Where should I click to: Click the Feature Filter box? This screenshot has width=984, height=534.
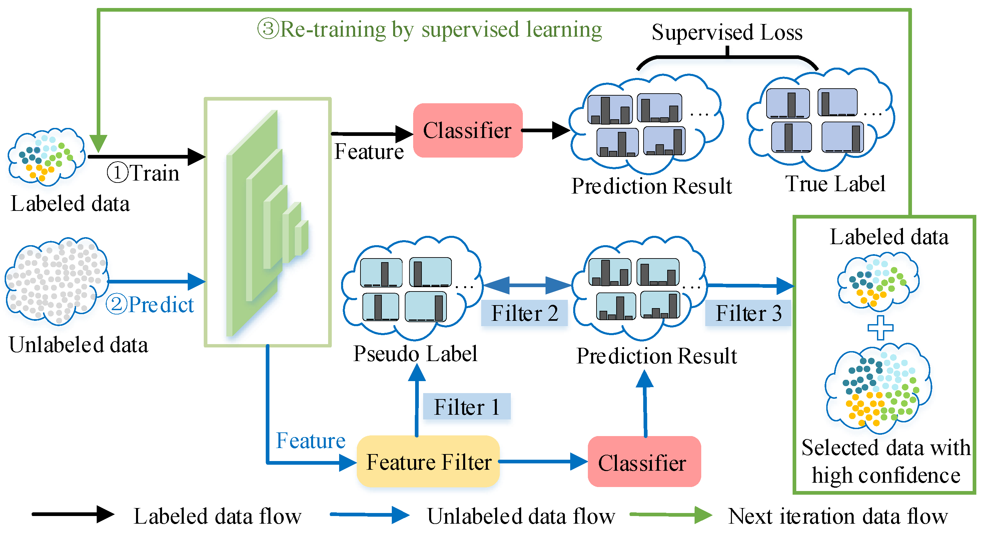coord(428,461)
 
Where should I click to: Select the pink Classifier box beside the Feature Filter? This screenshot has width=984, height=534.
coord(645,461)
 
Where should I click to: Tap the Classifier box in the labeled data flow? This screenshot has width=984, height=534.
coord(468,130)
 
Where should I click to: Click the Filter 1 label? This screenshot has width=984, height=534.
coord(467,406)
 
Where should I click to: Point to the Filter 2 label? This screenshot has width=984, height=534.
coord(525,313)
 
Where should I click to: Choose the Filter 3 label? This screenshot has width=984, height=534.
coord(748,313)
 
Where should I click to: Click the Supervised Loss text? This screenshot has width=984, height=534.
coord(727,32)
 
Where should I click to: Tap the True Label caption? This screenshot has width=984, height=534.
coord(835,184)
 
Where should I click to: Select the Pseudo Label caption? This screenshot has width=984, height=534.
coord(415,353)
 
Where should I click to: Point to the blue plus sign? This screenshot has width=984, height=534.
coord(881,327)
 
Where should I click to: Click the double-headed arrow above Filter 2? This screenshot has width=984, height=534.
coord(527,285)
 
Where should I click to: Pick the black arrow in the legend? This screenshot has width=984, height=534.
coord(73,514)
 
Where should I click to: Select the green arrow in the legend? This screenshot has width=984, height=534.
coord(671,515)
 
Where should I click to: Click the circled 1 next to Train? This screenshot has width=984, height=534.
coord(117,173)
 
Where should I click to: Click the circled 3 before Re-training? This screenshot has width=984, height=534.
coord(269,29)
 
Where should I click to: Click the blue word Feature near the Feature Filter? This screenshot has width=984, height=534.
coord(310,440)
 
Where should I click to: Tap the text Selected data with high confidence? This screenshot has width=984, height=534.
coord(886,461)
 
